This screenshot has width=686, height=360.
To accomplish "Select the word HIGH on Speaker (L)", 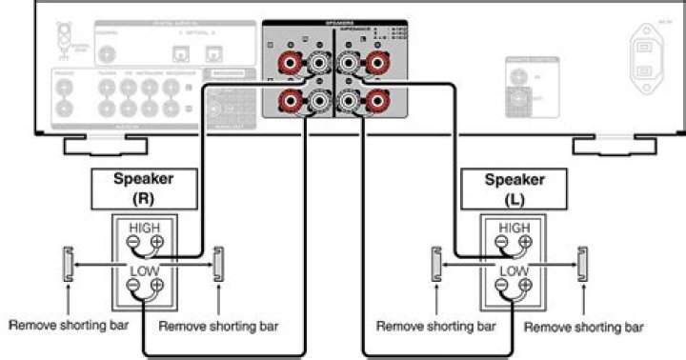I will tap(514, 228).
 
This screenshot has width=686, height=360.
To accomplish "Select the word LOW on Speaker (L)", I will tap(514, 271).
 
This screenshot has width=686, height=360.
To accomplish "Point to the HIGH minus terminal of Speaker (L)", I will tap(502, 243).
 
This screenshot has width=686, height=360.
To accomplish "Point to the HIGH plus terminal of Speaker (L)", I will tap(528, 243).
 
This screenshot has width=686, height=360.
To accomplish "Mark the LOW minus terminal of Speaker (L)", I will tap(502, 286).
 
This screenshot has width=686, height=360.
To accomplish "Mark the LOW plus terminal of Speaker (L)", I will tap(528, 286).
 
